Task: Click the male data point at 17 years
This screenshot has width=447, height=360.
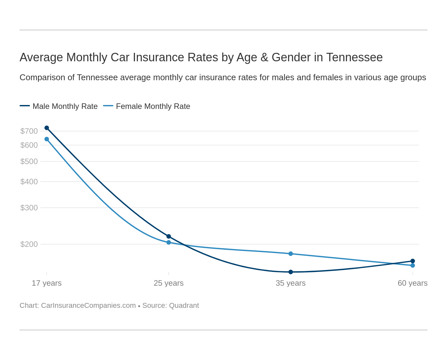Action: click(47, 128)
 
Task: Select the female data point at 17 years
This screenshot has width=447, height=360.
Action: click(47, 139)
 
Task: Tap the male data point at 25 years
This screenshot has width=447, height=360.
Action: click(169, 236)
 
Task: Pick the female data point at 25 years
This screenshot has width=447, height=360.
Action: click(169, 242)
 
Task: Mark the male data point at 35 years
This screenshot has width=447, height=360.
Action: click(291, 272)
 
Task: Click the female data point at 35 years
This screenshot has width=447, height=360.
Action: click(291, 254)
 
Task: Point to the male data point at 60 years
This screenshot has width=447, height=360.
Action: click(412, 261)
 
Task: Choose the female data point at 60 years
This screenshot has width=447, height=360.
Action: click(412, 265)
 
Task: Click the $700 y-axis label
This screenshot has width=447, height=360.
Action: click(29, 131)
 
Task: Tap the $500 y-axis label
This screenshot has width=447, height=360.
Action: click(29, 161)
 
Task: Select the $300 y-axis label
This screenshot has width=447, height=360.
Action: click(29, 208)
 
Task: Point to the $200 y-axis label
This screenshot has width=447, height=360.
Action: click(29, 244)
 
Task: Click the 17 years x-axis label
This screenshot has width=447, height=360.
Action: click(47, 283)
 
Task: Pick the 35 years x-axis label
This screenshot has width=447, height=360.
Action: click(291, 283)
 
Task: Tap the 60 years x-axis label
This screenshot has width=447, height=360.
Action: click(412, 283)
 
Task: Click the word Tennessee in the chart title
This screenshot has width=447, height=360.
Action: click(354, 57)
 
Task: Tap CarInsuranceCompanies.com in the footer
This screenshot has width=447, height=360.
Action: click(88, 306)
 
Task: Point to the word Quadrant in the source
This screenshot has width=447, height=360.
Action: click(184, 306)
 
